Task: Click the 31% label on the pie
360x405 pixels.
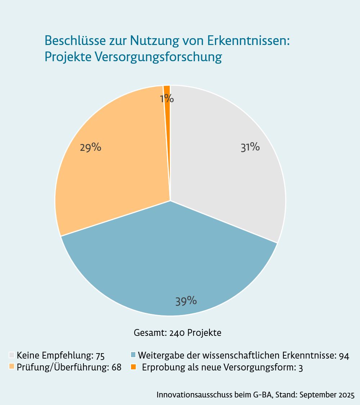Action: click(250, 147)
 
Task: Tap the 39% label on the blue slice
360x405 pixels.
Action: click(186, 301)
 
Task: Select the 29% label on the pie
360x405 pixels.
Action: click(90, 147)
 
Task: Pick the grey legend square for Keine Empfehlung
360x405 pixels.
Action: click(12, 355)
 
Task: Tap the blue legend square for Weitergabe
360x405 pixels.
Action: click(133, 355)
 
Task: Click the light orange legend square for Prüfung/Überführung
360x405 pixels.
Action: click(12, 367)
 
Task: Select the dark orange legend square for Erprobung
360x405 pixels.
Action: click(133, 367)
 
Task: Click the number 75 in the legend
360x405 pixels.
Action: click(100, 356)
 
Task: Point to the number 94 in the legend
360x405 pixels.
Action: click(344, 356)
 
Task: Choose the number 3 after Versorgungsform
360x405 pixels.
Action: click(301, 368)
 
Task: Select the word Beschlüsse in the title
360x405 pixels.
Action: click(75, 41)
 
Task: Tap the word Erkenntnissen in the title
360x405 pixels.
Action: click(249, 41)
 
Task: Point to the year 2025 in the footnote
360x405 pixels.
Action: click(346, 395)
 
